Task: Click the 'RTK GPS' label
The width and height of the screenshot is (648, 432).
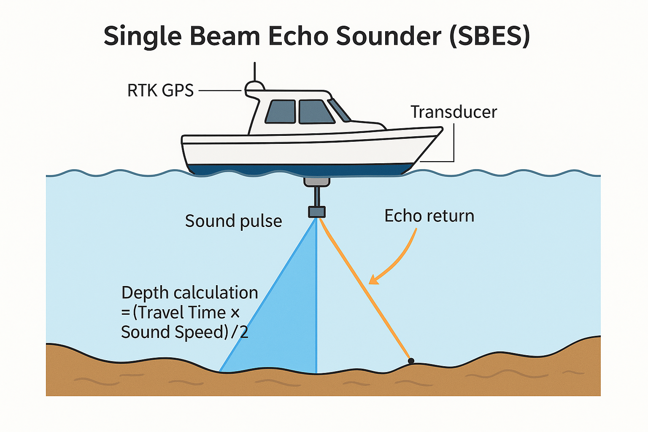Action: tap(160, 90)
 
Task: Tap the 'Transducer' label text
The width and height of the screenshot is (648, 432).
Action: tap(454, 112)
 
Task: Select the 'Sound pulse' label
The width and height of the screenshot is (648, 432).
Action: tap(233, 221)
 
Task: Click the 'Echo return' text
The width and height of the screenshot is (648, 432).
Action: tap(429, 216)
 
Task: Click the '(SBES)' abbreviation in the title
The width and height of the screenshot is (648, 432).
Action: tap(490, 36)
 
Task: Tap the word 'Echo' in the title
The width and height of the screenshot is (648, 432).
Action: tap(298, 36)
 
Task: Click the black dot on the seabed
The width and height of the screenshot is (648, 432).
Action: tap(411, 361)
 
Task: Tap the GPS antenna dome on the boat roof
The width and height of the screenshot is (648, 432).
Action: tap(254, 86)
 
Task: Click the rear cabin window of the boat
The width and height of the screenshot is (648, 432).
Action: tap(281, 112)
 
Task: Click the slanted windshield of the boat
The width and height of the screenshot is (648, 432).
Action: tap(340, 110)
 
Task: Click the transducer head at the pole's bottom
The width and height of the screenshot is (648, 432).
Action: tap(316, 211)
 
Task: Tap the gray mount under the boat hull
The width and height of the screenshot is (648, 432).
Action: tap(316, 182)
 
